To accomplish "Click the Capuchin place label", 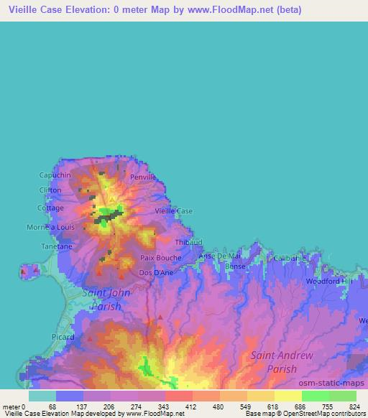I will click(x=55, y=175).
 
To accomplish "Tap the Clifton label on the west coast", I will click(x=51, y=190).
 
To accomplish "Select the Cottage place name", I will click(x=51, y=208).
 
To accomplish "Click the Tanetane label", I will click(x=56, y=246).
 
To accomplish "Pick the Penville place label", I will click(x=143, y=177).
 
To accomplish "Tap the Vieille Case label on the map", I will click(x=175, y=211).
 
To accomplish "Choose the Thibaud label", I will click(x=189, y=243).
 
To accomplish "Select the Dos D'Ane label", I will click(x=155, y=273).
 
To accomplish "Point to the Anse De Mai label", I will click(x=219, y=256).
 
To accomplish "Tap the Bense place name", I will click(x=235, y=266).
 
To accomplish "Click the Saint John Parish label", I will click(x=107, y=299).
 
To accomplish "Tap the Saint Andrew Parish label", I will click(x=282, y=362).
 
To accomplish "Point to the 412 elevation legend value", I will click(x=190, y=407).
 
